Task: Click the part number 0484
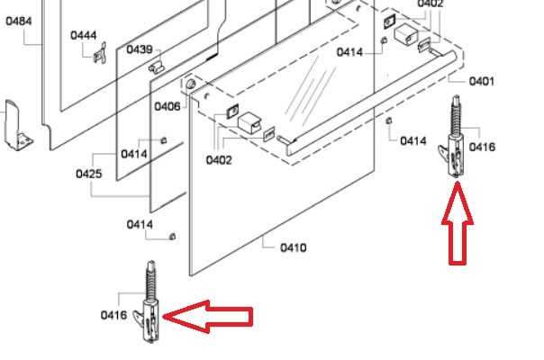click(20, 19)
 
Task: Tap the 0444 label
click(84, 35)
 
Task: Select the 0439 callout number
click(139, 49)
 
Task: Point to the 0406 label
click(167, 106)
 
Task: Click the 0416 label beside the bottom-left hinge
click(113, 315)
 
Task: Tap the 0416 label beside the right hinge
click(482, 147)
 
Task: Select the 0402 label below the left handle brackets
click(219, 160)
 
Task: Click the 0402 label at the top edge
click(431, 4)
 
